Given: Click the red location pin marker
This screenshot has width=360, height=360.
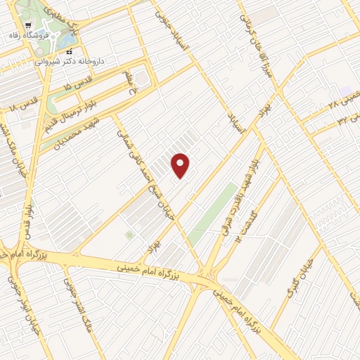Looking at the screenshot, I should [x=181, y=166].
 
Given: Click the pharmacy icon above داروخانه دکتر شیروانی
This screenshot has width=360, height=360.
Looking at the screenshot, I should [x=69, y=51].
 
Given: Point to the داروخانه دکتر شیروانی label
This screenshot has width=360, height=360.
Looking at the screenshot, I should [x=76, y=62].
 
